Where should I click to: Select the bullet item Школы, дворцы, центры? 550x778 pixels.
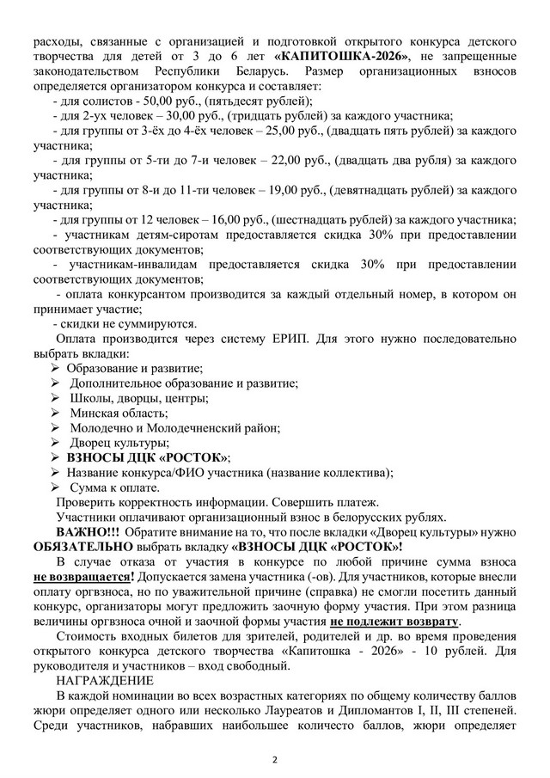138,399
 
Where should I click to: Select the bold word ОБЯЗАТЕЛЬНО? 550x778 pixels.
82,548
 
